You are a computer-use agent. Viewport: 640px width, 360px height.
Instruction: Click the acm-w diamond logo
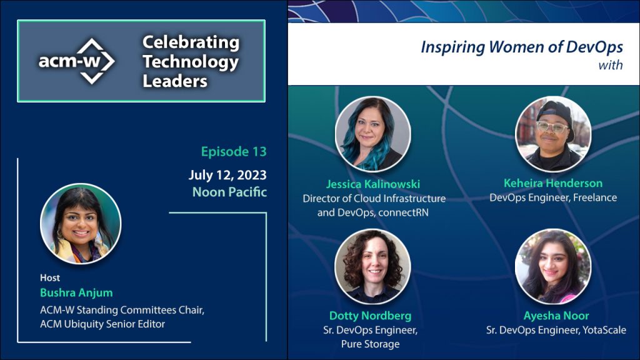[x=77, y=61]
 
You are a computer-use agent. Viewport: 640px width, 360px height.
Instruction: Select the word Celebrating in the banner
[x=191, y=42]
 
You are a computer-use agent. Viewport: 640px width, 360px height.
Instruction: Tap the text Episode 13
[x=234, y=151]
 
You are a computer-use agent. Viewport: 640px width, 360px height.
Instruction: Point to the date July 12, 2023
[x=227, y=175]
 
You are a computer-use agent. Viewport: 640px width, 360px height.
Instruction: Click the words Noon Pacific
[x=229, y=192]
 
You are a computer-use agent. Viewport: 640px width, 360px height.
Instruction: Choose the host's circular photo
[x=81, y=224]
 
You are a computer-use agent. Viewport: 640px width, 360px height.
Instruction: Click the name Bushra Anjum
[x=76, y=292]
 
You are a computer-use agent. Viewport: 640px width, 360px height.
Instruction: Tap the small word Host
[x=50, y=278]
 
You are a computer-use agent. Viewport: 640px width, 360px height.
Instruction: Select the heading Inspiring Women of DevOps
[x=522, y=47]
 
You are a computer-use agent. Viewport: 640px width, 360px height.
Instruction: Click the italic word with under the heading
[x=611, y=65]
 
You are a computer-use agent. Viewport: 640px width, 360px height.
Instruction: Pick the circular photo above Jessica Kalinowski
[x=373, y=134]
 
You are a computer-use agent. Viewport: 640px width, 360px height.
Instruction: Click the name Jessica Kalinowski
[x=373, y=184]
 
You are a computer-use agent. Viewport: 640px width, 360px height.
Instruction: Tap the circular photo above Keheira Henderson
[x=554, y=134]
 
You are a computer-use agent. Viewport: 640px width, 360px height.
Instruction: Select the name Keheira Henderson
[x=553, y=183]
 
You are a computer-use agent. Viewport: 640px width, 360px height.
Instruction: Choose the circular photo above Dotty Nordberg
[x=372, y=266]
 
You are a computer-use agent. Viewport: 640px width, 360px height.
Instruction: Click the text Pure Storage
[x=370, y=344]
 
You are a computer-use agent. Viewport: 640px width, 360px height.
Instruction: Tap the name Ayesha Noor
[x=556, y=316]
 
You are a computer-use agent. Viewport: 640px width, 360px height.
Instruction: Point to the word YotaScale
[x=604, y=330]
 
